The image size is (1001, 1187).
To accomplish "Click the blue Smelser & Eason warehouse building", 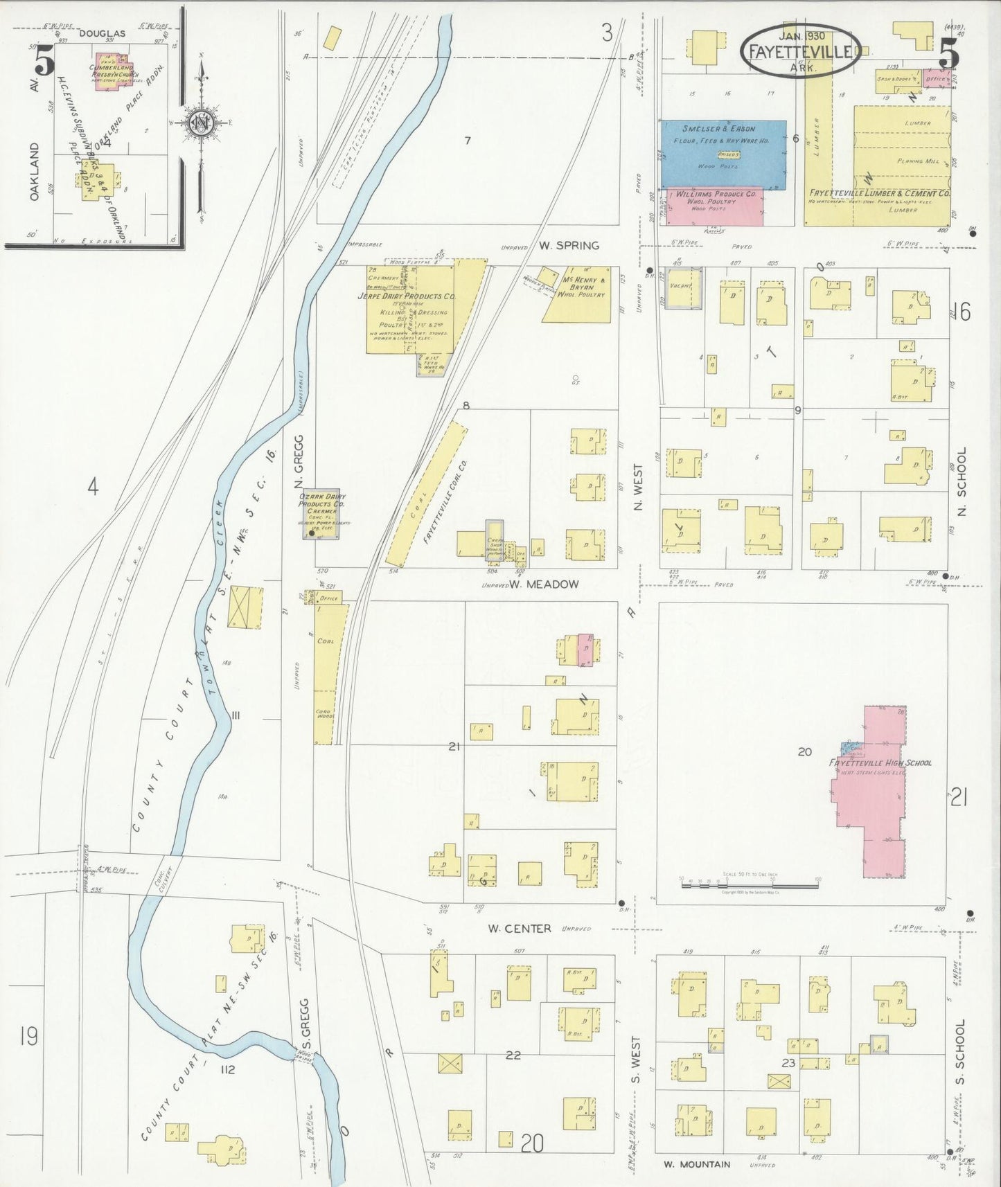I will pyautogui.click(x=723, y=154).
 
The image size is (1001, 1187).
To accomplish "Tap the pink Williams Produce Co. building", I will pyautogui.click(x=714, y=205).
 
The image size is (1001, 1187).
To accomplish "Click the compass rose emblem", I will pyautogui.click(x=202, y=124).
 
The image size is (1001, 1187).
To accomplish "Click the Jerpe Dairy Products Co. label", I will pyautogui.click(x=406, y=296).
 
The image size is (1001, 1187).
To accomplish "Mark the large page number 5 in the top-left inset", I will pyautogui.click(x=44, y=62).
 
